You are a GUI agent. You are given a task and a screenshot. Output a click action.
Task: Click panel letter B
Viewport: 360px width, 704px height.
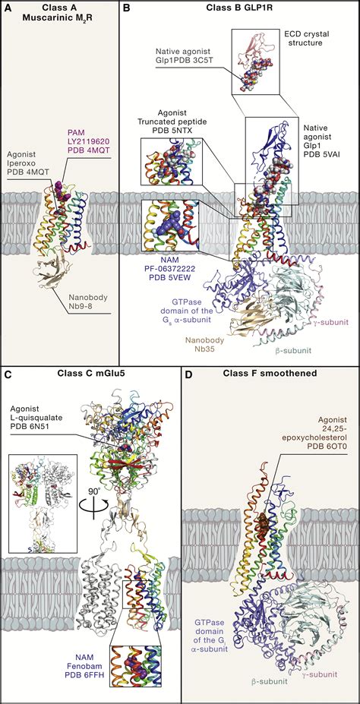click(127, 8)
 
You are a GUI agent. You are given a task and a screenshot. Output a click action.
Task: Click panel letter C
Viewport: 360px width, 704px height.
click(7, 373)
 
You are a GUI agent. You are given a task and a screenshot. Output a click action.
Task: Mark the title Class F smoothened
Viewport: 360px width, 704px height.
click(270, 373)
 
